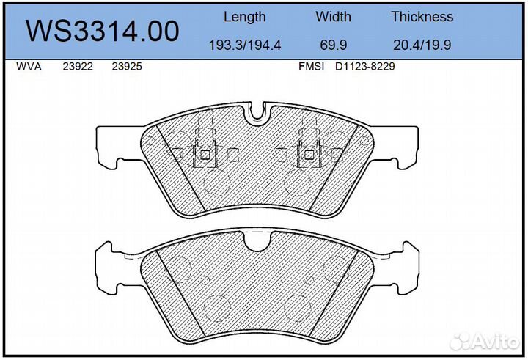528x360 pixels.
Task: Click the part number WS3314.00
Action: click(103, 31)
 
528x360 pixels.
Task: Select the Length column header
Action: click(245, 17)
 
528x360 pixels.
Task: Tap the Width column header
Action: click(334, 17)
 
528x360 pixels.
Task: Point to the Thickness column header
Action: click(422, 17)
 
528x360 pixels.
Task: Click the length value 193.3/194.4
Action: click(245, 45)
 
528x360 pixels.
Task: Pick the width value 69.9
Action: click(334, 45)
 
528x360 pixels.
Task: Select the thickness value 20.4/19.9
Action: click(422, 45)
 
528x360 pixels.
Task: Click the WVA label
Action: click(29, 66)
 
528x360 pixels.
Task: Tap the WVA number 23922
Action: click(78, 66)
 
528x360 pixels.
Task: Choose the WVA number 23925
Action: click(127, 66)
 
